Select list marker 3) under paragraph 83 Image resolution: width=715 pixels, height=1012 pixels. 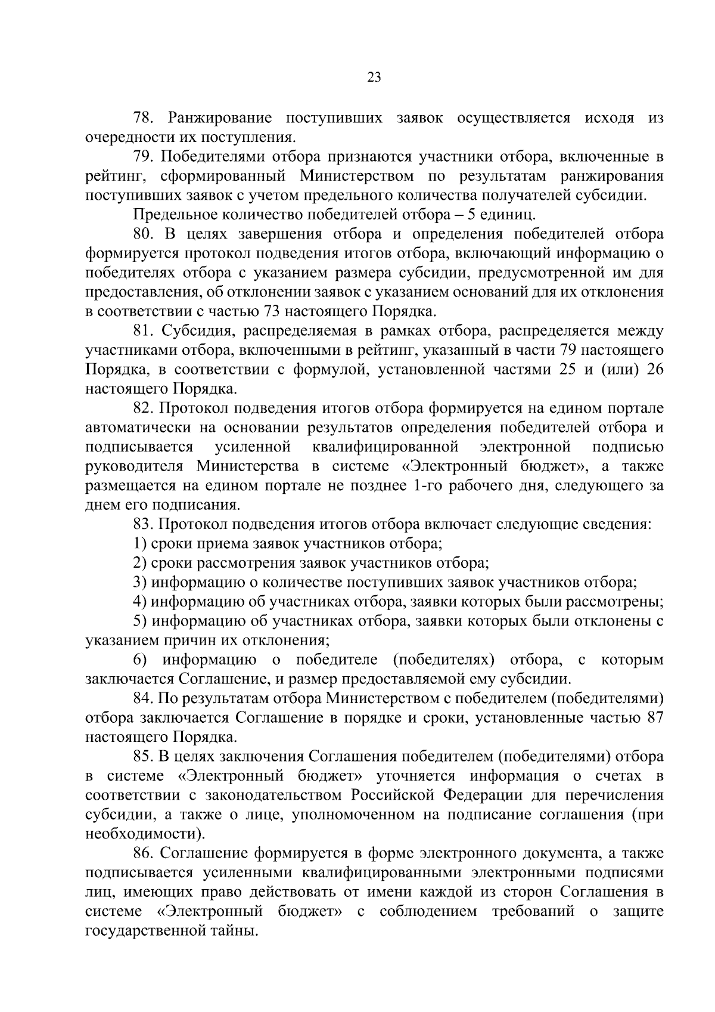tap(140, 583)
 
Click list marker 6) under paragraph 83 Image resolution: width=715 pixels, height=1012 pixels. tap(140, 660)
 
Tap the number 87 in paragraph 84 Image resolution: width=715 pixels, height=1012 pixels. tap(654, 718)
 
